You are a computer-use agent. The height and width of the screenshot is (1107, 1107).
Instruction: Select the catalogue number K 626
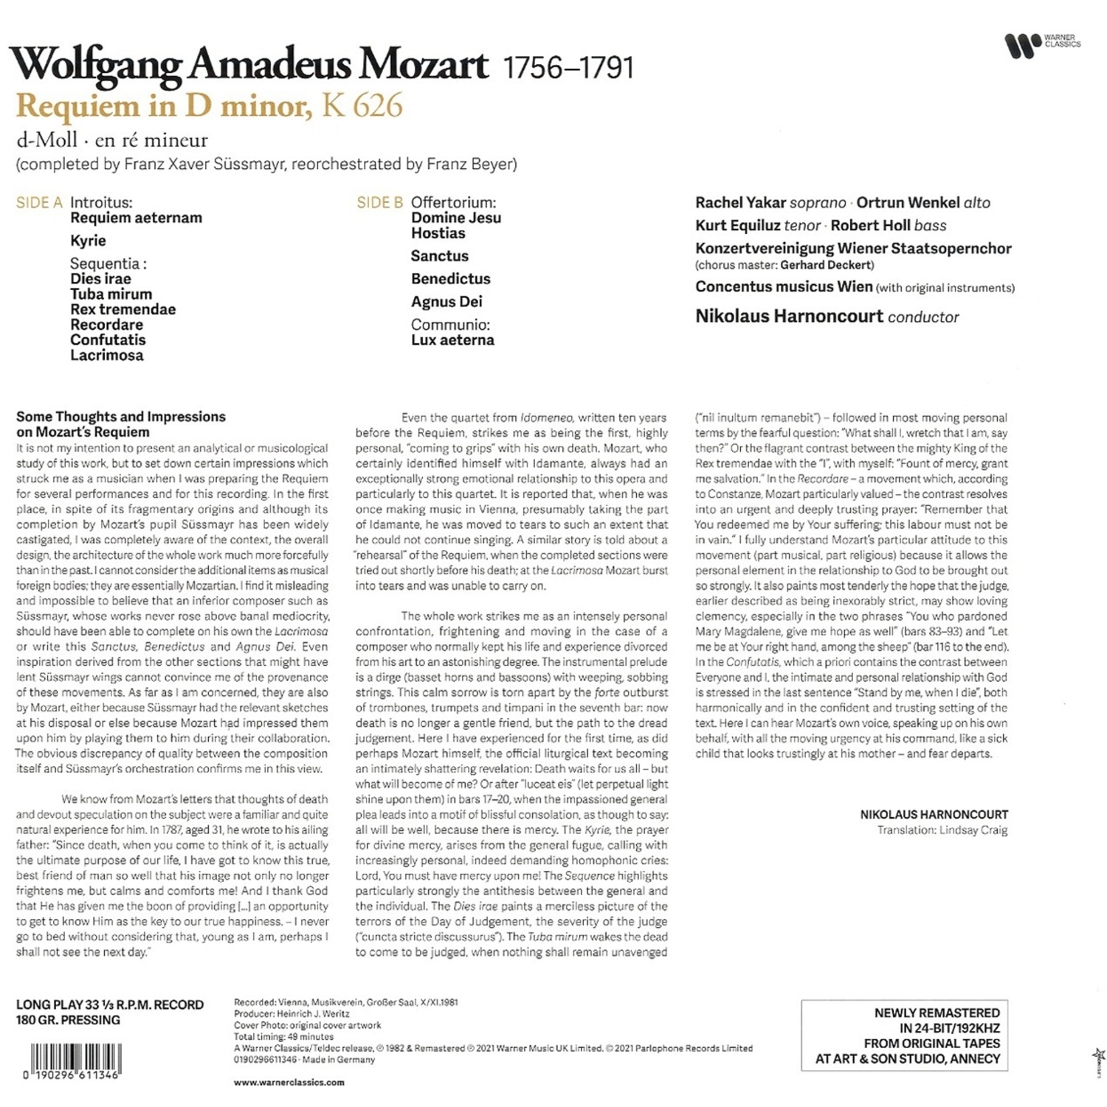tap(362, 106)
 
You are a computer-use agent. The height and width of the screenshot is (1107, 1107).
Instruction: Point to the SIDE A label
tap(39, 203)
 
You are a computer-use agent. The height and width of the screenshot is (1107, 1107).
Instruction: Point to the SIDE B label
tap(379, 203)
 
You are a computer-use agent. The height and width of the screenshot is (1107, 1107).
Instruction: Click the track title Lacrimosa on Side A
tap(107, 355)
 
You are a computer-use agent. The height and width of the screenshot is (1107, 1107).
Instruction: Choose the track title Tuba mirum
tap(111, 294)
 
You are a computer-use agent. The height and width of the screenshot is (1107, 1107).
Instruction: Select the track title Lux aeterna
tap(452, 340)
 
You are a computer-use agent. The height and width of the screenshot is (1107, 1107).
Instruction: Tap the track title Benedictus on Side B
tap(450, 279)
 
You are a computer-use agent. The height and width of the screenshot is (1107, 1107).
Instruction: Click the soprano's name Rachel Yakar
tap(739, 203)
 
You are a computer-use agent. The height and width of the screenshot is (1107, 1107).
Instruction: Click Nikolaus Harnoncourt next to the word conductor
tap(788, 317)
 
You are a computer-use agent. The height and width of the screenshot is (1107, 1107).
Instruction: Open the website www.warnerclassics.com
tap(289, 1082)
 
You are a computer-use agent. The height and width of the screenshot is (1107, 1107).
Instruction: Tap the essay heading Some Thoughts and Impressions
tap(121, 417)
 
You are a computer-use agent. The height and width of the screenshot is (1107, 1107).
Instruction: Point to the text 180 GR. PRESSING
tap(68, 1020)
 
